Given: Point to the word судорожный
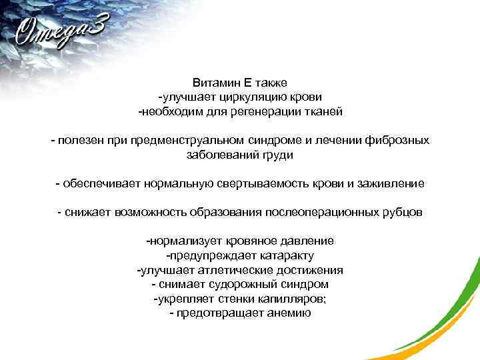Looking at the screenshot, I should coord(233,284).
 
